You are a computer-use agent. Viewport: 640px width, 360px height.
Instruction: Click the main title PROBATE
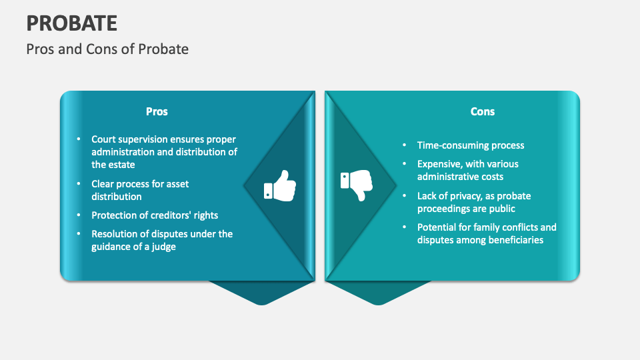pos(72,23)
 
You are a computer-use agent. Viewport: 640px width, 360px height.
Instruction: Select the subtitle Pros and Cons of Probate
pos(107,49)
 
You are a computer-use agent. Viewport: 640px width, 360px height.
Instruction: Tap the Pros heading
pos(157,111)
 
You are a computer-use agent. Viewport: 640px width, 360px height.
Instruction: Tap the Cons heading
pos(482,111)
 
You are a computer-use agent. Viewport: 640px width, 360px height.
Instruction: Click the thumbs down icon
pos(357,185)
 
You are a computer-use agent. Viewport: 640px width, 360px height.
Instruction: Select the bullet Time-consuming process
pos(471,145)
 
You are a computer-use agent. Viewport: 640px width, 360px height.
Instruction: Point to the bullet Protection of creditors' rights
pos(155,215)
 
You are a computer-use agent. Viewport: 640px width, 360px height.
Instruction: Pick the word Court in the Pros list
pos(105,139)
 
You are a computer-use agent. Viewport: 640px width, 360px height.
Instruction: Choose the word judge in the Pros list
pos(163,246)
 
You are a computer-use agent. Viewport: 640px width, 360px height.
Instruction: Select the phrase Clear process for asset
pos(141,184)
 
